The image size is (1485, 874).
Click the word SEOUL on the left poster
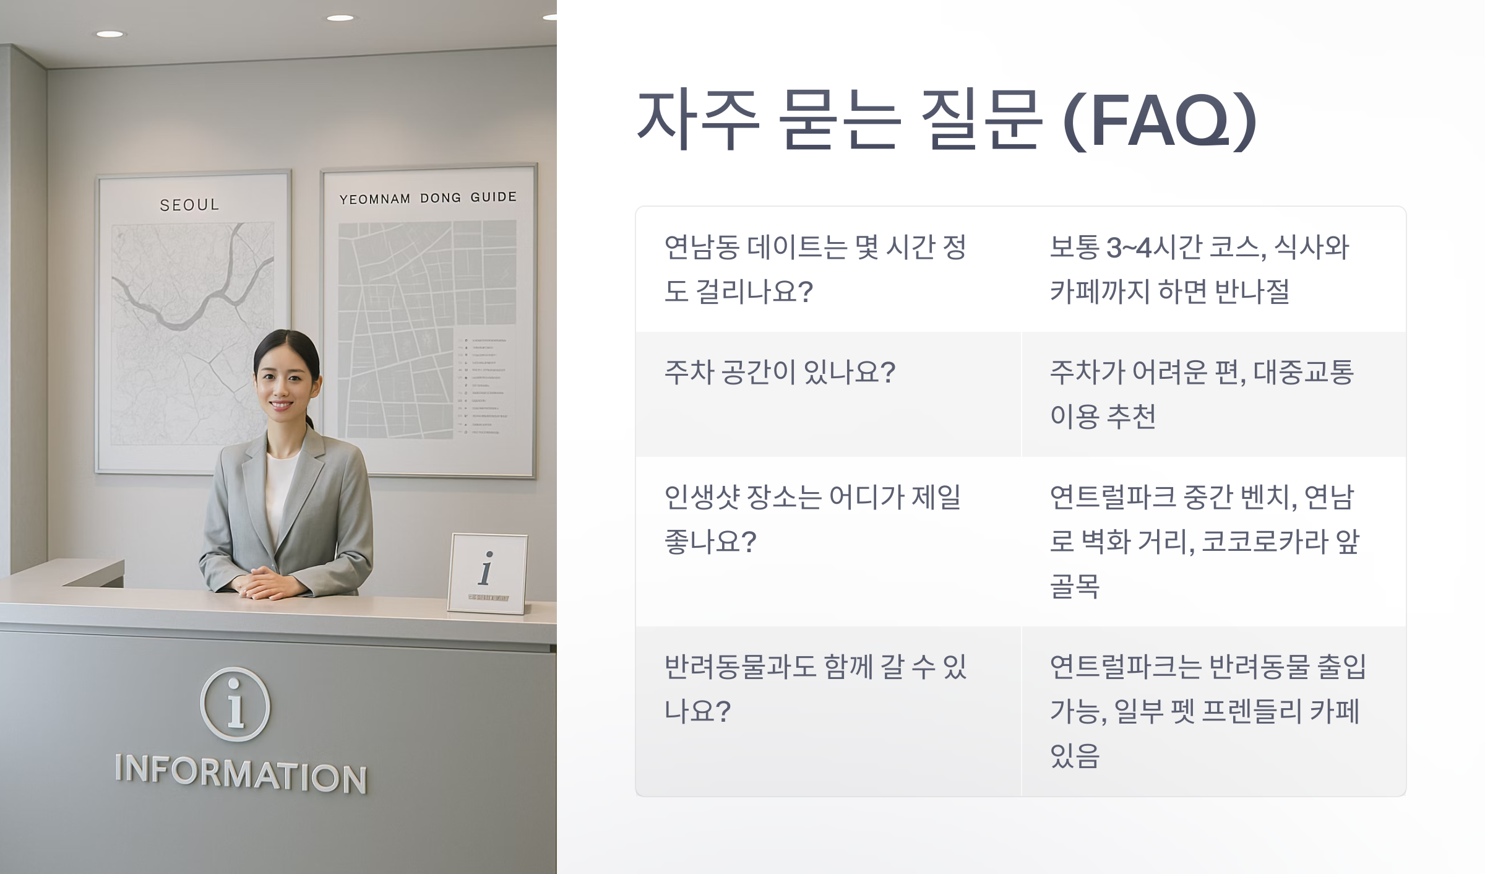189,205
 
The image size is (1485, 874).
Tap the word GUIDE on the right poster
493,197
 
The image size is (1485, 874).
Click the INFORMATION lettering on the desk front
241,774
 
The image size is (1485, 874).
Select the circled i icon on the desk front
235,704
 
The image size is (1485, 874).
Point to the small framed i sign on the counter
488,573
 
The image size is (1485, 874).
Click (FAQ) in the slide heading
1160,121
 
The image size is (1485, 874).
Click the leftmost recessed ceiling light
110,34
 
